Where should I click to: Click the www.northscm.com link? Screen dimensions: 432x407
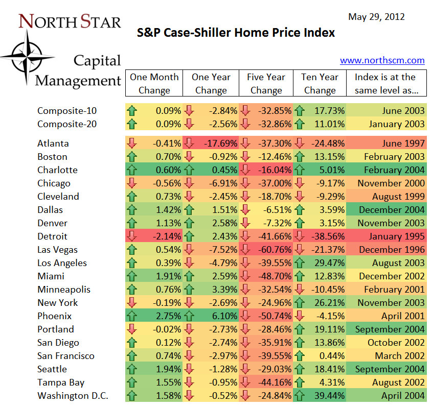(x=382, y=60)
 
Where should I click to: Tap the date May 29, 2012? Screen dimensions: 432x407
(x=376, y=17)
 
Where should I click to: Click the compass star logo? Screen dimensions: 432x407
(x=27, y=57)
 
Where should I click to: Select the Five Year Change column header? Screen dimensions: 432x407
(x=266, y=83)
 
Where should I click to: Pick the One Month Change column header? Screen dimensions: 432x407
(x=154, y=83)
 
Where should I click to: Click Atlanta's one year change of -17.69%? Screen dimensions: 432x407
(x=220, y=143)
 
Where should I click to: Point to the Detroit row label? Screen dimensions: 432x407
(x=52, y=236)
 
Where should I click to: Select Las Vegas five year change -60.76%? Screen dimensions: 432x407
(x=275, y=250)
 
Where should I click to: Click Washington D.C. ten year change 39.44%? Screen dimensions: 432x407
(x=330, y=396)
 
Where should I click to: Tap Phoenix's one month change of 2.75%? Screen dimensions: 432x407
(x=168, y=316)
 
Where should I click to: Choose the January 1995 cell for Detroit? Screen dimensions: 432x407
(x=397, y=236)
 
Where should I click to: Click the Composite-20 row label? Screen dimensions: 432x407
(x=67, y=124)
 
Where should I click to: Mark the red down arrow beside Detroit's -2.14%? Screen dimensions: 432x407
(x=132, y=236)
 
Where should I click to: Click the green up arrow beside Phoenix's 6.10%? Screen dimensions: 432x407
(x=189, y=316)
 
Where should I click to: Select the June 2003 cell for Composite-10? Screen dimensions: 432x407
(x=403, y=111)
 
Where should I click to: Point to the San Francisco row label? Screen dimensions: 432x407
(x=66, y=356)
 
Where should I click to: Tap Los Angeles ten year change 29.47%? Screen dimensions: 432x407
(x=330, y=263)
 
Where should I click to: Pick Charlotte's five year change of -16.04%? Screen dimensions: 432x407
(x=275, y=170)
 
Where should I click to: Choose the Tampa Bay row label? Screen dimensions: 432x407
(x=61, y=382)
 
